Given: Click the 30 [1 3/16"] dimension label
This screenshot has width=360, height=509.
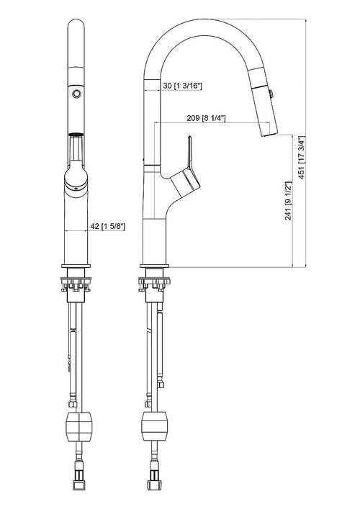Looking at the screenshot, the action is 182,86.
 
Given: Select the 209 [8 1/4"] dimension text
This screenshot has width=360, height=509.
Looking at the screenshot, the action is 206,118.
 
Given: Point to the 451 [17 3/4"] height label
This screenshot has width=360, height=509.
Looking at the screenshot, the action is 302,157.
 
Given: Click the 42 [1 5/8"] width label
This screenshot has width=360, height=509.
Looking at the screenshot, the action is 107,226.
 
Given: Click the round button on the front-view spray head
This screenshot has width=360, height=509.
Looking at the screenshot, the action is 76,94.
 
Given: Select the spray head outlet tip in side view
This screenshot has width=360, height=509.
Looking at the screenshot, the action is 270,134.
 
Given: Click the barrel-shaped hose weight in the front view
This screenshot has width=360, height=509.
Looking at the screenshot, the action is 79,426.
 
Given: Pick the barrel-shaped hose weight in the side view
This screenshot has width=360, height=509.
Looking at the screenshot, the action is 154,426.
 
